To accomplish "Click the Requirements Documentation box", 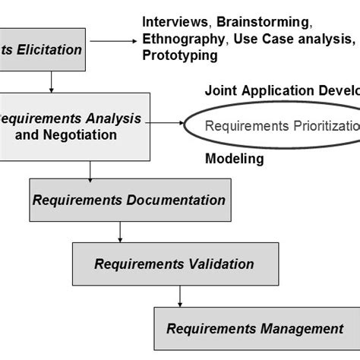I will (x=130, y=200).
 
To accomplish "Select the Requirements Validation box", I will (x=174, y=264).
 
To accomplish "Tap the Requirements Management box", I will (x=254, y=328).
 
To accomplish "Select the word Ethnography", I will (x=178, y=38).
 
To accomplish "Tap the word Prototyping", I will (x=179, y=55).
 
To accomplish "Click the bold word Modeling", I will (x=235, y=159).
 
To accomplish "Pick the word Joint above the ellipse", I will (x=220, y=90).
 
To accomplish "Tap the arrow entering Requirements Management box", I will (x=180, y=297).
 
